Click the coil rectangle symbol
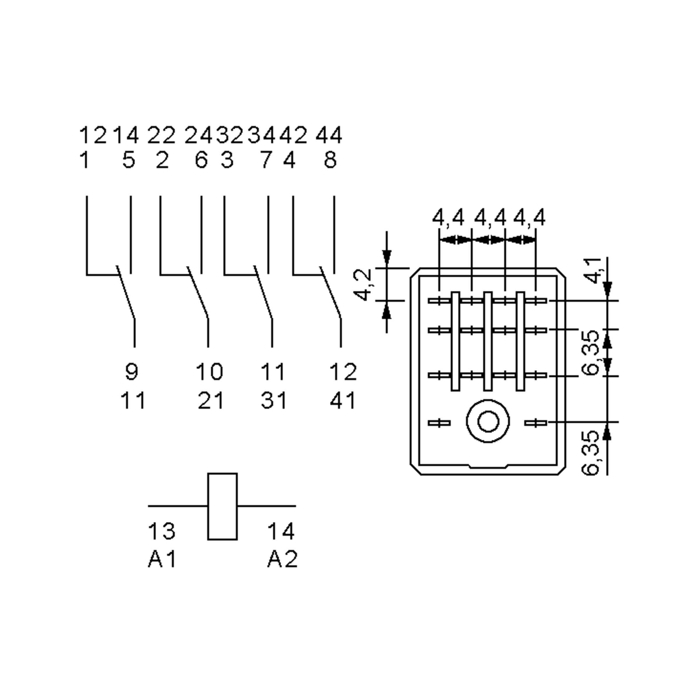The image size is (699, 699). (222, 506)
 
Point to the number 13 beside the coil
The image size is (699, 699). (161, 531)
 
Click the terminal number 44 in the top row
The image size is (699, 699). (329, 136)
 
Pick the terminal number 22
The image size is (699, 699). (161, 136)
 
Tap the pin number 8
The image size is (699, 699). (330, 160)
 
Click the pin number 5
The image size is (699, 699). (129, 160)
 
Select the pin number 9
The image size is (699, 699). (132, 372)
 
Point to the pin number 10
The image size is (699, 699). (209, 372)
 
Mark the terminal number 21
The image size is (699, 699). (211, 401)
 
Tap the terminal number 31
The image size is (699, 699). (274, 401)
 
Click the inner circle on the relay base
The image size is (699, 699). (488, 421)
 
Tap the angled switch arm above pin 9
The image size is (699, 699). (126, 293)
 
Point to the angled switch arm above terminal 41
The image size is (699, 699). (330, 293)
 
